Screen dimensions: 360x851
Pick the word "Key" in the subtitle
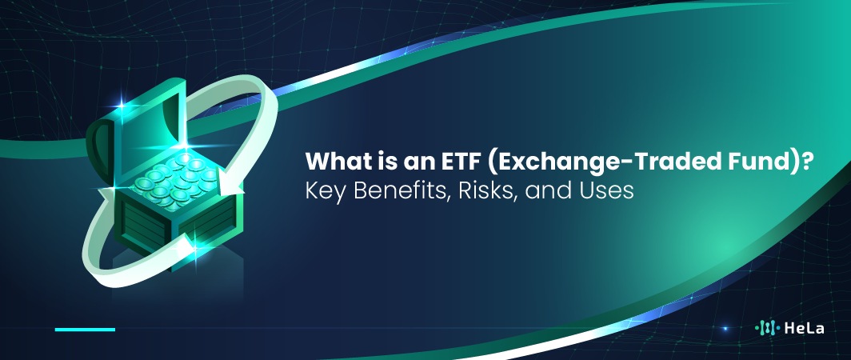tap(321, 193)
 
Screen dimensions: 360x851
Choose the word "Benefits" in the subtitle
tap(387, 193)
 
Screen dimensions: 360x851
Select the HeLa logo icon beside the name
tap(767, 328)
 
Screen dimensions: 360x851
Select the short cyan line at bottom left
tap(85, 329)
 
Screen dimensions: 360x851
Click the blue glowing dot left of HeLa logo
tap(725, 328)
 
